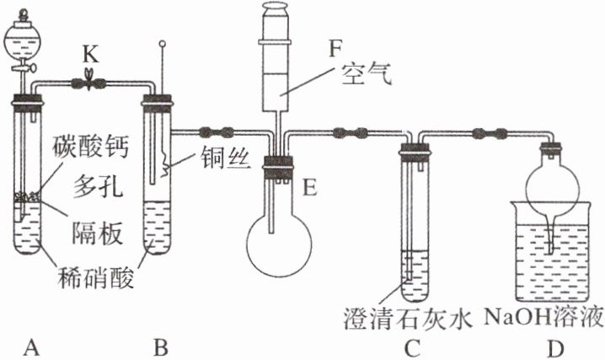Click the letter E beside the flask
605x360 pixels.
click(x=309, y=187)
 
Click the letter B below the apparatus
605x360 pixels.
click(x=158, y=345)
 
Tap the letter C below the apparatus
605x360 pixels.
click(x=412, y=345)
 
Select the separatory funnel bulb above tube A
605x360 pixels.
click(x=25, y=35)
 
